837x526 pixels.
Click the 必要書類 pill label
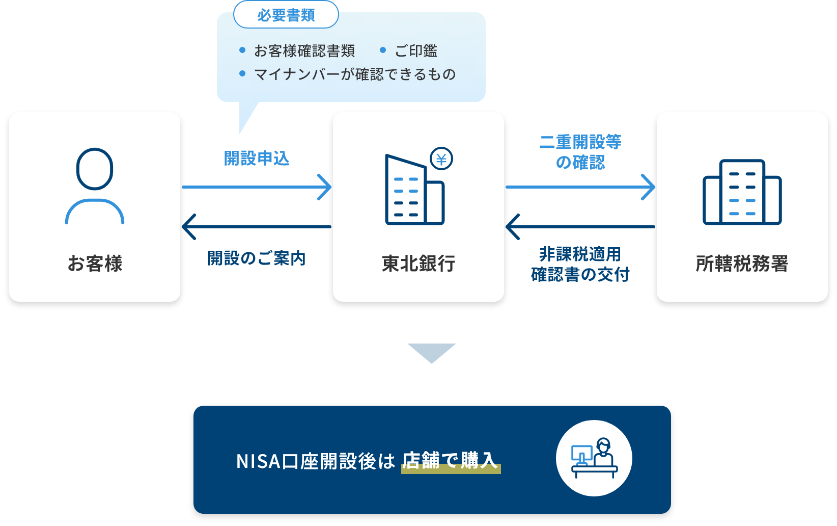click(x=286, y=15)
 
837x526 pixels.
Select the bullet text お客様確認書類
click(x=304, y=51)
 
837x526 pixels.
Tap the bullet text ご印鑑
click(x=415, y=51)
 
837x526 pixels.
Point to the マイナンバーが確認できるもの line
click(x=354, y=74)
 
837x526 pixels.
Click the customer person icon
click(x=95, y=186)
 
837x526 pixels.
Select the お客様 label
click(x=95, y=264)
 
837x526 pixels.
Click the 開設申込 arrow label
click(x=257, y=159)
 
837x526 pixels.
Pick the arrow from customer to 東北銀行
click(x=257, y=187)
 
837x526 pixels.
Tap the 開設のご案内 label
click(x=257, y=258)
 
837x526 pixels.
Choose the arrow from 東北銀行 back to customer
click(x=257, y=227)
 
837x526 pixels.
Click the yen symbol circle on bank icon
click(x=441, y=159)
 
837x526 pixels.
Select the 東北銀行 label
click(x=418, y=264)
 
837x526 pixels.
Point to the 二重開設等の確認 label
click(x=580, y=152)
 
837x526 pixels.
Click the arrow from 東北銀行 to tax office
click(x=580, y=187)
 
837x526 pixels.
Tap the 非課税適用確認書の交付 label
click(x=580, y=265)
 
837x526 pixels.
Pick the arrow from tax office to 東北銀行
click(x=580, y=227)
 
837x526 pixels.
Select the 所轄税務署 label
click(x=742, y=264)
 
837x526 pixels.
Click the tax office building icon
click(x=742, y=192)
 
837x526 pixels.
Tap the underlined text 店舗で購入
click(x=450, y=461)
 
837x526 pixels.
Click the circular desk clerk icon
click(x=594, y=458)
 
